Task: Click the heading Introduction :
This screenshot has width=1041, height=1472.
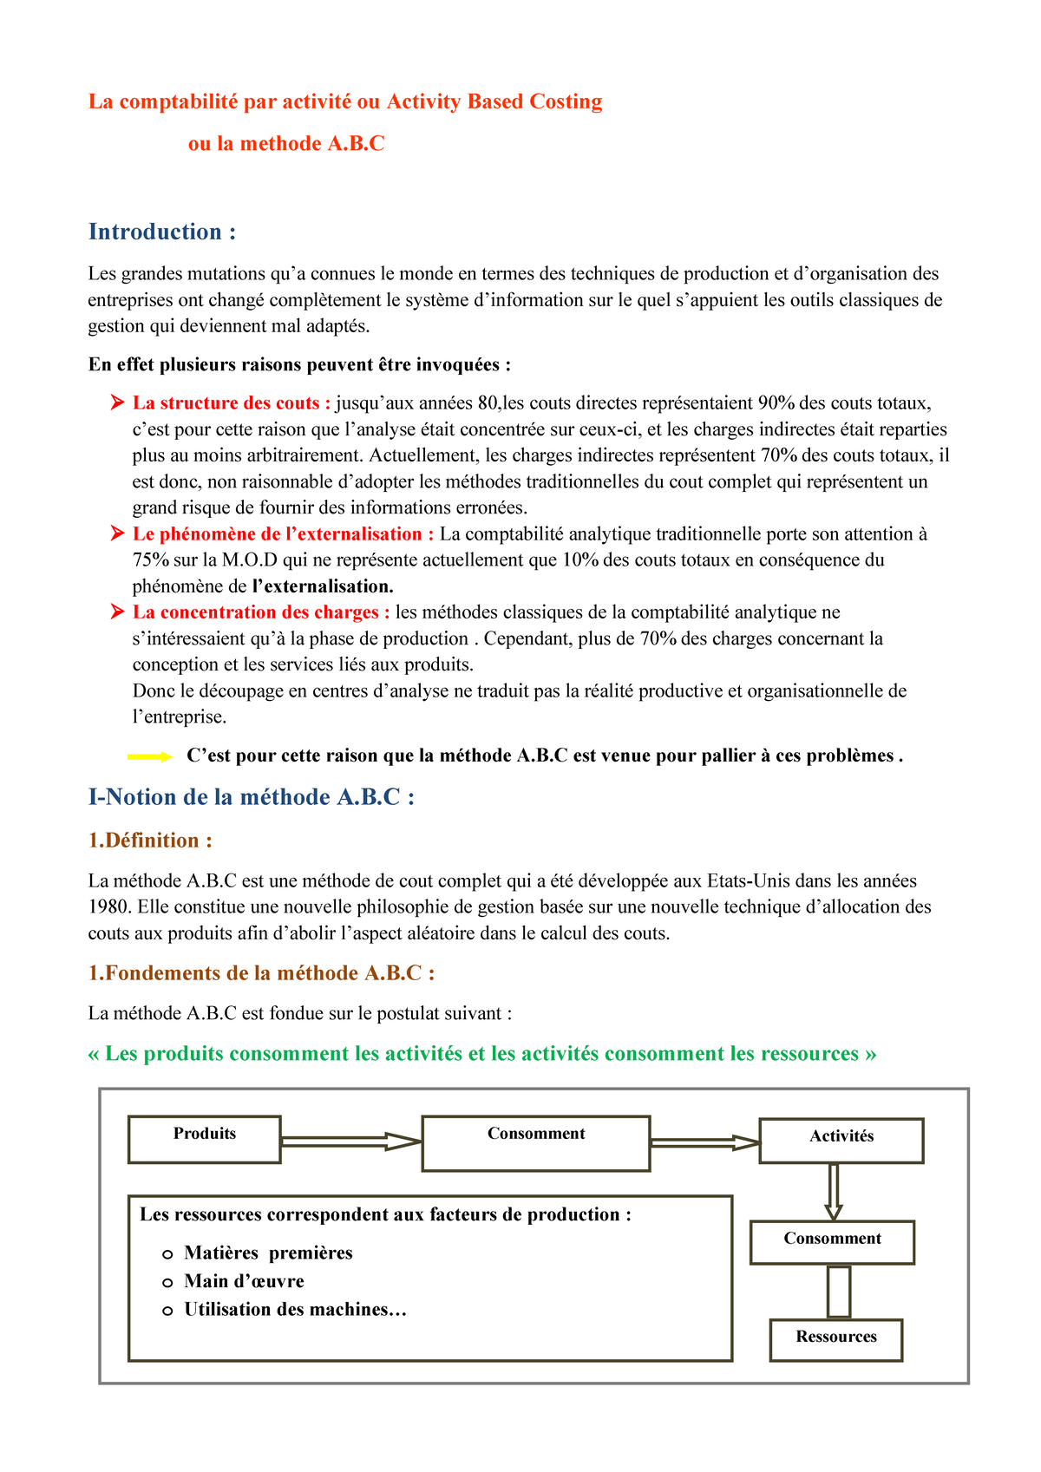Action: pos(162,232)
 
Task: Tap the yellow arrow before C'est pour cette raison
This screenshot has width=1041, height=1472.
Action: pos(150,756)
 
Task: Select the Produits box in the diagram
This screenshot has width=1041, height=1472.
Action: pos(205,1139)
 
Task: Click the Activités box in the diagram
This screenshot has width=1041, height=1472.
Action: pos(841,1140)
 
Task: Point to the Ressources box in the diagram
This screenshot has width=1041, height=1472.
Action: pos(835,1339)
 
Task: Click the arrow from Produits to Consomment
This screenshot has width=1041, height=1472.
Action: pos(350,1142)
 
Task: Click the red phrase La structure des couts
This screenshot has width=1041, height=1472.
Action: pos(231,403)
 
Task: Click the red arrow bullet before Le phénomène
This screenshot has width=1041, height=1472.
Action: pos(117,534)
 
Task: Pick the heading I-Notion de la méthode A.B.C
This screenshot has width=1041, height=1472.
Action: pos(251,797)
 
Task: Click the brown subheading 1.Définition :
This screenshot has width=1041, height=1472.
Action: pos(150,841)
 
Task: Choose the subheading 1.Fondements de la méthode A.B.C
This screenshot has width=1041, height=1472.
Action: pos(261,973)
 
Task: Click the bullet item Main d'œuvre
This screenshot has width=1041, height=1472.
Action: pos(244,1281)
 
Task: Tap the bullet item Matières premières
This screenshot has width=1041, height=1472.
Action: pos(268,1253)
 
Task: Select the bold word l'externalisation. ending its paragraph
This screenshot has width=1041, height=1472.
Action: pos(322,586)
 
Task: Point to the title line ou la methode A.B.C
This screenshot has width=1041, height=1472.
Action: pos(286,144)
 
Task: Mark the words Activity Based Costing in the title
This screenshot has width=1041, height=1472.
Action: pos(494,102)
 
